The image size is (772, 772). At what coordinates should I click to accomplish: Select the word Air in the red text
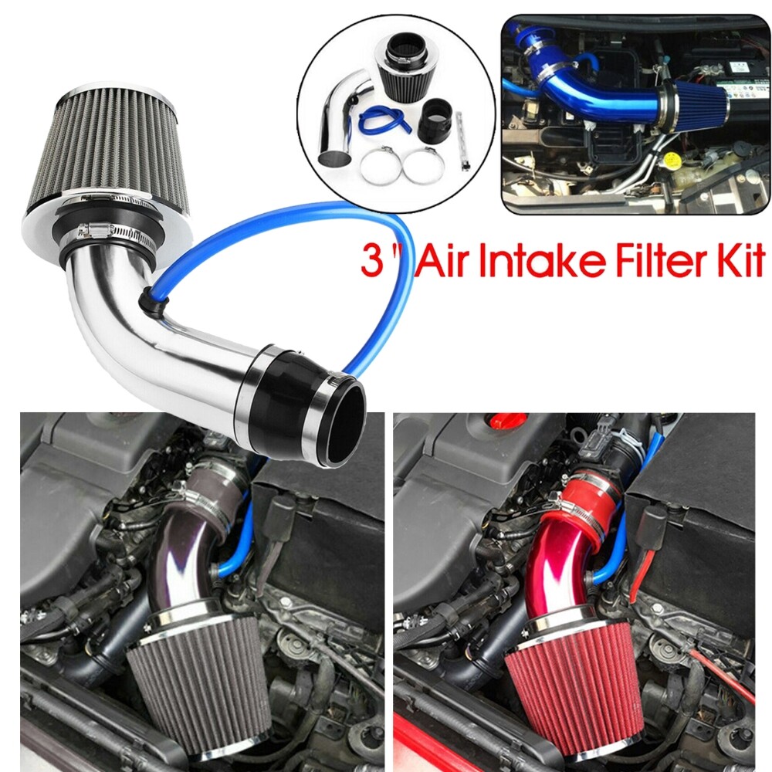tap(441, 262)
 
